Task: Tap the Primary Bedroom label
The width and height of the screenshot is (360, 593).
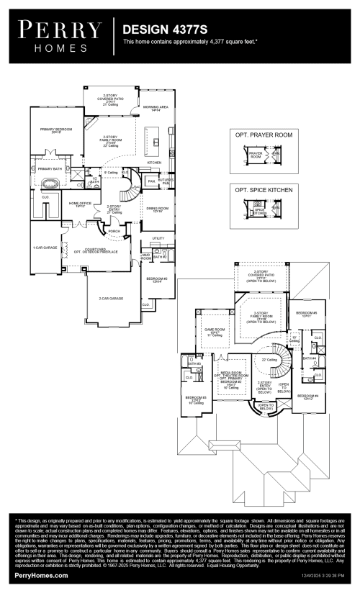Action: coord(55,130)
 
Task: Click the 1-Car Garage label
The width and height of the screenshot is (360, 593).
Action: coord(45,248)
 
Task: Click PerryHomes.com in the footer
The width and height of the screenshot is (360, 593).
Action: coord(41,576)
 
